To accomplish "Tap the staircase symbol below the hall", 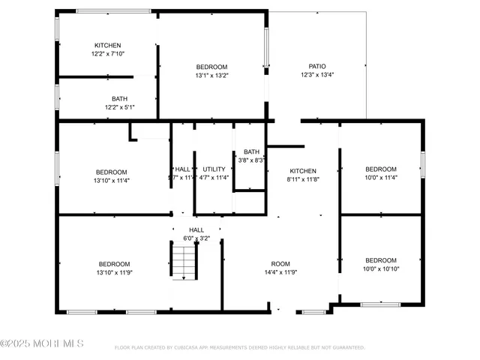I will [x=183, y=262].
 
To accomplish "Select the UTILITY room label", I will [x=214, y=169].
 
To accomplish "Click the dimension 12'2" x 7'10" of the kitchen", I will [x=107, y=54].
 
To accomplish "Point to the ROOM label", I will [x=280, y=264].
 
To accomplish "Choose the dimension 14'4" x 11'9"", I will [x=280, y=273].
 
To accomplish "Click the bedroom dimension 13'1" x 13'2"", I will [x=211, y=75].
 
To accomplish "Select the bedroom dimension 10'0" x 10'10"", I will [x=381, y=269].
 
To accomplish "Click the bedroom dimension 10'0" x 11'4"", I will [x=381, y=178].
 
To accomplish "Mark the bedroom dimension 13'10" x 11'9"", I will [x=114, y=273].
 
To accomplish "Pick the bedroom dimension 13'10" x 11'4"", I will [x=111, y=181].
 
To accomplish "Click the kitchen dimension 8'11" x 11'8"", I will [x=303, y=180].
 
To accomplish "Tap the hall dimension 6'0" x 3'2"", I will [x=196, y=238].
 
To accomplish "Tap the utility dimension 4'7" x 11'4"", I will [x=214, y=178].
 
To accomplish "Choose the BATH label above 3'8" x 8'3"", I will [x=251, y=151].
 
